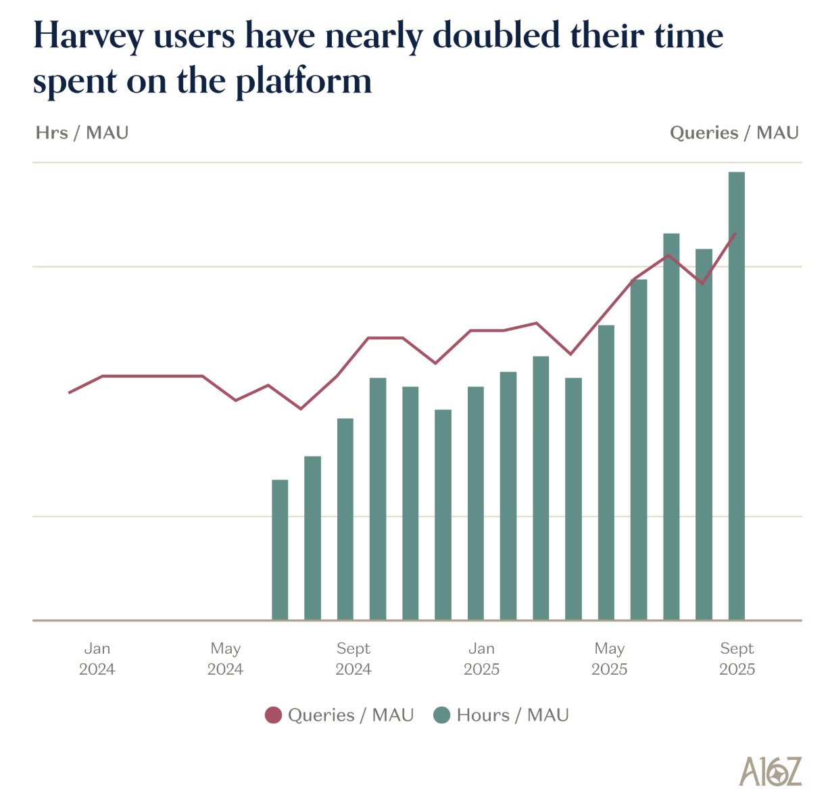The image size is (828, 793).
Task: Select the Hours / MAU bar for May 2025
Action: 606,472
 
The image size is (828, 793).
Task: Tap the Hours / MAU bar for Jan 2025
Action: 476,503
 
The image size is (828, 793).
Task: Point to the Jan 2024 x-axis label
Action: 97,659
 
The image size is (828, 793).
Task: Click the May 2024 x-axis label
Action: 225,659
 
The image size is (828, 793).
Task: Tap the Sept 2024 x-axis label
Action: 354,659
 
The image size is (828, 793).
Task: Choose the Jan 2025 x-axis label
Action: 481,659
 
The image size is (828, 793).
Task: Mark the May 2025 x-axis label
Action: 609,659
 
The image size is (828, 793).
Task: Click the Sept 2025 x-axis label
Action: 737,659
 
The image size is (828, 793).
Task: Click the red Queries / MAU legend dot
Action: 273,715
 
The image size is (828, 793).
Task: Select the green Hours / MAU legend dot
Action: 442,715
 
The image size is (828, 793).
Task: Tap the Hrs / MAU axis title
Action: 82,132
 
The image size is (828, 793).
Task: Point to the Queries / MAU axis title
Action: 734,132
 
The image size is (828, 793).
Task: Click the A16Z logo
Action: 770,771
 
